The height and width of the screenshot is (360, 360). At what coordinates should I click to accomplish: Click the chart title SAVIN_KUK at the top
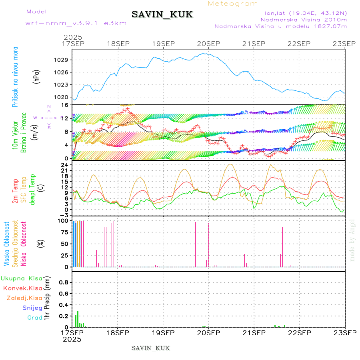point(162,15)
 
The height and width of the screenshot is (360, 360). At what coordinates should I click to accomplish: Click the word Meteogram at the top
point(233,4)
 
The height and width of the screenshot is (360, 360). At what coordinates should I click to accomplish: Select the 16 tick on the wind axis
point(66,105)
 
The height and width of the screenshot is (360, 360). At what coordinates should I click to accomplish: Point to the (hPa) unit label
point(36,76)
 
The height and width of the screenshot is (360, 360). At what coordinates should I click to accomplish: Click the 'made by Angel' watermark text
point(352,240)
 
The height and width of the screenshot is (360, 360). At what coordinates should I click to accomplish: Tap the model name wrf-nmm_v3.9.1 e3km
point(76,23)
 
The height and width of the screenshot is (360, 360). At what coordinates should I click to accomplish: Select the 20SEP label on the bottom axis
point(208,333)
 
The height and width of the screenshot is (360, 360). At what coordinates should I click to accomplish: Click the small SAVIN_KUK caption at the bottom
point(150,348)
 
